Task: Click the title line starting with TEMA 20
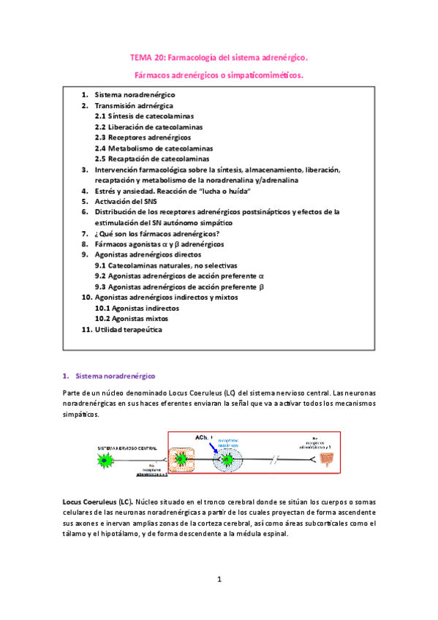[219, 56]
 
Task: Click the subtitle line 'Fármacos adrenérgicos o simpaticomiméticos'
[219, 75]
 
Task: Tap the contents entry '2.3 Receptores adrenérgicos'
[143, 137]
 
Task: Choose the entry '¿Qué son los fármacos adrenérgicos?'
[156, 233]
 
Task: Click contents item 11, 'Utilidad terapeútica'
[128, 330]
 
